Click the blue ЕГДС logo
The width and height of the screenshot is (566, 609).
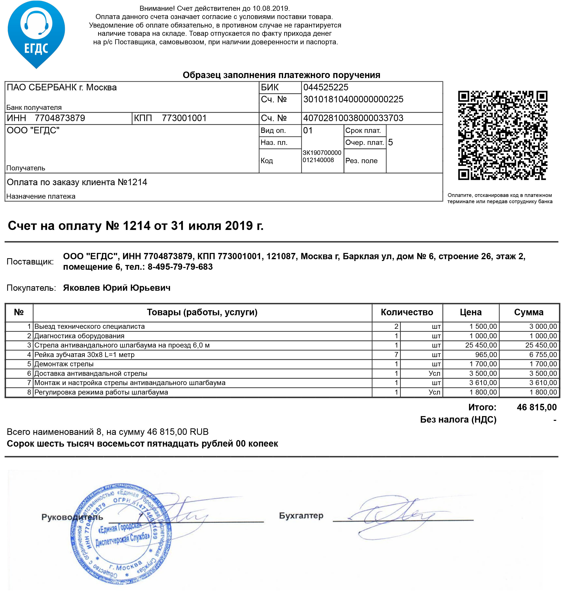tap(36, 34)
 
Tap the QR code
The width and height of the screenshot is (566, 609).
tap(502, 135)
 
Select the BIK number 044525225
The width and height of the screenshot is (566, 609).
tap(326, 87)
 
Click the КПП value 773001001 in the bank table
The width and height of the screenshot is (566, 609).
tap(184, 118)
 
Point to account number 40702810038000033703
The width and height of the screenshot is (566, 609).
tap(353, 118)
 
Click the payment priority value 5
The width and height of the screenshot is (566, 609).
tap(390, 142)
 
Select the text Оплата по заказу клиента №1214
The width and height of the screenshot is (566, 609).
tap(77, 182)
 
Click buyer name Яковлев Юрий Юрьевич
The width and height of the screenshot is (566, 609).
tap(117, 288)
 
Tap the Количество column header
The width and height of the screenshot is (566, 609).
tap(407, 312)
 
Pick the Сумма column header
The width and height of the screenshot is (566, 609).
tap(529, 312)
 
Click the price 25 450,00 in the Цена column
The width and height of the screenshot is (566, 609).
tap(481, 345)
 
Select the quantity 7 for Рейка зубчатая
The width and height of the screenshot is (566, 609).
tap(396, 355)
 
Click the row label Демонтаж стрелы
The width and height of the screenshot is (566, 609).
tap(64, 364)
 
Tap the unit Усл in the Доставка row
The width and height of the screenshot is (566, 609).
tap(434, 374)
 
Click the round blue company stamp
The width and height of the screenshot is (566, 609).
tap(121, 534)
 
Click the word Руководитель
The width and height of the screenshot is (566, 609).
tap(72, 517)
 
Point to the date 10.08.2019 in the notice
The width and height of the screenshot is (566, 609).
tap(271, 9)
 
